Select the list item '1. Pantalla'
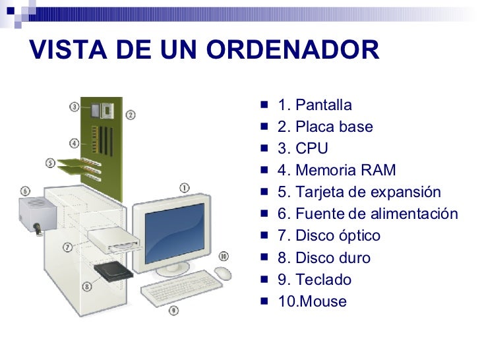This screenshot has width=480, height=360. (315, 105)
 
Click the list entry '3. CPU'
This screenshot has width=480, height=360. (302, 149)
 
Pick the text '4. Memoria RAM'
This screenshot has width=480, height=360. (336, 171)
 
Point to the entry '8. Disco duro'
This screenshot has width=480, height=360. (324, 258)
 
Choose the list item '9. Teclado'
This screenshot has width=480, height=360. (315, 280)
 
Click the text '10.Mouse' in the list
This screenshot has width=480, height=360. (312, 302)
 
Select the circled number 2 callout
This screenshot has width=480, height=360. (131, 115)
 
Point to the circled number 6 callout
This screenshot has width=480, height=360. (25, 191)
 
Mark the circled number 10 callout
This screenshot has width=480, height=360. (224, 256)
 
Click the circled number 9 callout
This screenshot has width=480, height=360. (173, 309)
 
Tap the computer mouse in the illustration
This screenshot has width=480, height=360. (223, 273)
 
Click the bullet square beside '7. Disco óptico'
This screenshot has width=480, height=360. (264, 235)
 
